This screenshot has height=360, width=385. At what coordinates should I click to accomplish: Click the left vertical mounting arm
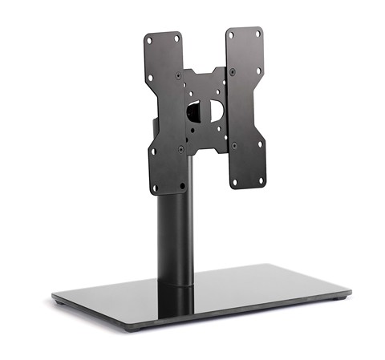(165, 112)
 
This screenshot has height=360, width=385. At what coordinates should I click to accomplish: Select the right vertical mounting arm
(245, 104)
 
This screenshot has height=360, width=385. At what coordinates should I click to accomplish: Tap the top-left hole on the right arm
(231, 35)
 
